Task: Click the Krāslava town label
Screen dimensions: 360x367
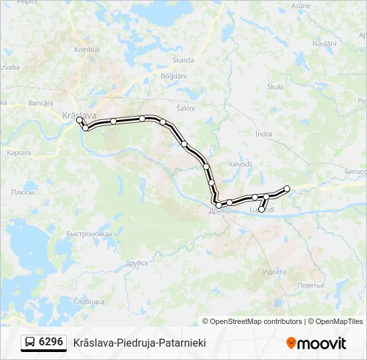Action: (79, 115)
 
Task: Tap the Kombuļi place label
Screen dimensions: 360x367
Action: (87, 50)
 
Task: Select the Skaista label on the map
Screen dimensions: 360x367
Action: (183, 60)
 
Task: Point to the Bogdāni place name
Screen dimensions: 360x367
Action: (173, 76)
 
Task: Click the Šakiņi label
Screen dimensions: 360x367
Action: (185, 108)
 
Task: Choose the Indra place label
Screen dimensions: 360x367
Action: (264, 134)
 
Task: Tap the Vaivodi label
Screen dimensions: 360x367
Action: (240, 164)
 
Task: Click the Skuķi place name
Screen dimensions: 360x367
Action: (275, 87)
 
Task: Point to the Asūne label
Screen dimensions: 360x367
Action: (301, 6)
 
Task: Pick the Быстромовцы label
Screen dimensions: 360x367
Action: (89, 234)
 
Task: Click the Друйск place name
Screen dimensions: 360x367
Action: (136, 263)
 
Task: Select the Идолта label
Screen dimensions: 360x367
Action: (274, 272)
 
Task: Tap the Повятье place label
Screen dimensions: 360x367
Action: (310, 285)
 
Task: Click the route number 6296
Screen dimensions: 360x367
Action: (51, 342)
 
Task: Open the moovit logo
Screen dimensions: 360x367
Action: (316, 343)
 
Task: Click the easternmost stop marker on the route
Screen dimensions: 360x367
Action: (288, 189)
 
